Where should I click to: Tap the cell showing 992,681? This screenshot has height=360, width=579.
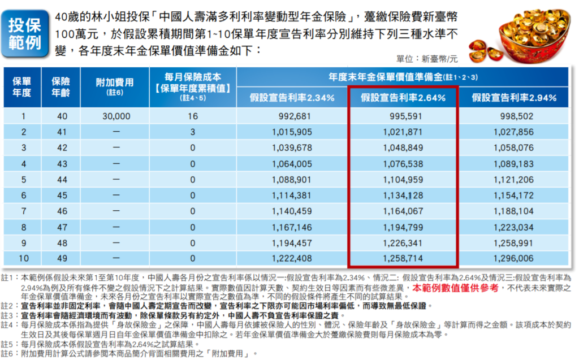[x=292, y=116]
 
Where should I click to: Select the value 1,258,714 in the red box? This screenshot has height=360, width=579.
[x=403, y=259]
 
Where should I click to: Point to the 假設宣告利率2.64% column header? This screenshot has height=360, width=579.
[x=403, y=97]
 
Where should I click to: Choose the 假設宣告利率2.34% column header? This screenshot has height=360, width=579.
[x=292, y=97]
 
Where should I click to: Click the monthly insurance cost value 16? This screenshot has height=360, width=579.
[x=193, y=116]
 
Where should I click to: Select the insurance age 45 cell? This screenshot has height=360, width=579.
[x=62, y=196]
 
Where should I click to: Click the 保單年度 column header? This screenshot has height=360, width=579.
[x=22, y=87]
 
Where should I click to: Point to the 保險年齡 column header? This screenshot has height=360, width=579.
[x=62, y=87]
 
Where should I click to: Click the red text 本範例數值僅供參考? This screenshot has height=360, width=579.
[x=456, y=288]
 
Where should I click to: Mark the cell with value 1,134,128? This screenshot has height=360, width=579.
[x=403, y=196]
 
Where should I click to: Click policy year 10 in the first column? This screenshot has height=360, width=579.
[x=22, y=259]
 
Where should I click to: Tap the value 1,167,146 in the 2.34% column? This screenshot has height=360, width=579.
[x=292, y=227]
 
